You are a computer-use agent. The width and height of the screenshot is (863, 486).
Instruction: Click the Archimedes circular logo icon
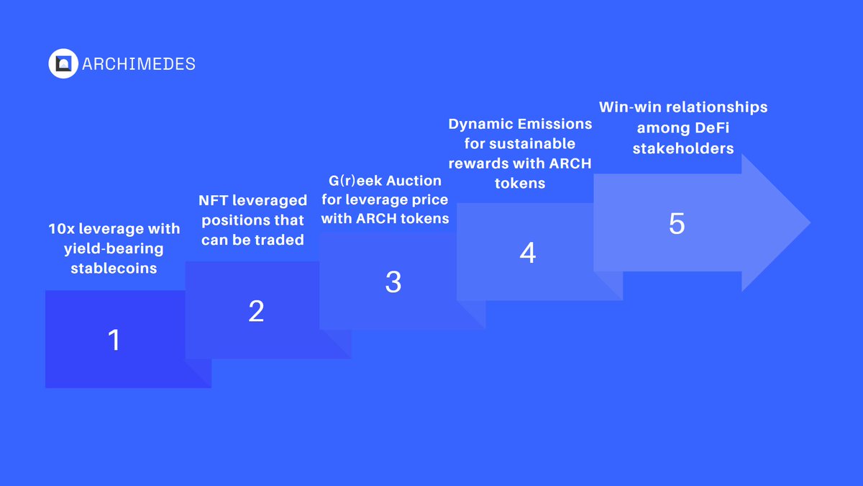63,64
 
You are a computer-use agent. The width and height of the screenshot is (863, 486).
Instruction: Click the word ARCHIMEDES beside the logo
139,64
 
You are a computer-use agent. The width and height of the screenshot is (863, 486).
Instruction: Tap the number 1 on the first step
114,340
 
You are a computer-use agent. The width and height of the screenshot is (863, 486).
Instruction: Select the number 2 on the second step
256,311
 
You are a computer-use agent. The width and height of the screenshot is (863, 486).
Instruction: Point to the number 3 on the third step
393,282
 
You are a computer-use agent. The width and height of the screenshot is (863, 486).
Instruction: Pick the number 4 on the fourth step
528,253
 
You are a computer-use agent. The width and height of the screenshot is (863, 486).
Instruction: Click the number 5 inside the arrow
677,224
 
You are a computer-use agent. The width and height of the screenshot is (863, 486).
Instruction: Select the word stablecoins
114,269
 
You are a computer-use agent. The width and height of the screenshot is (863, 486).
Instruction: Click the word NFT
212,200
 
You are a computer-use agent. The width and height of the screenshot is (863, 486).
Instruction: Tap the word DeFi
697,127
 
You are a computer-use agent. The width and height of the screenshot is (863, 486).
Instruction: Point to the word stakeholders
683,148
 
